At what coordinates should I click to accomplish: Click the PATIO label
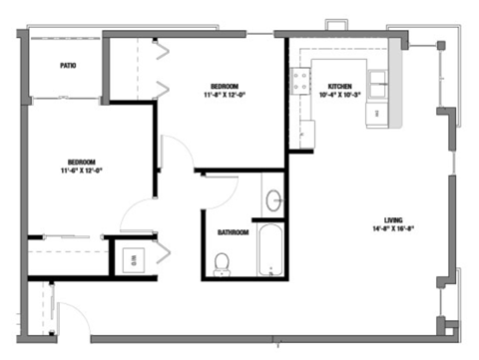tap(68, 66)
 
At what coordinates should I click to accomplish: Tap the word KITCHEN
tap(339, 88)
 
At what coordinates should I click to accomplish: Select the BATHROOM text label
tap(233, 233)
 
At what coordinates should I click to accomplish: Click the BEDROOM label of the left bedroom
tap(82, 162)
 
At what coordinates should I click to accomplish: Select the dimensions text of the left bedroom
tap(82, 171)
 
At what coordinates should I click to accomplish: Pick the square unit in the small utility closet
tap(132, 258)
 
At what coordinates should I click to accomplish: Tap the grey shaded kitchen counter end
tap(395, 105)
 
